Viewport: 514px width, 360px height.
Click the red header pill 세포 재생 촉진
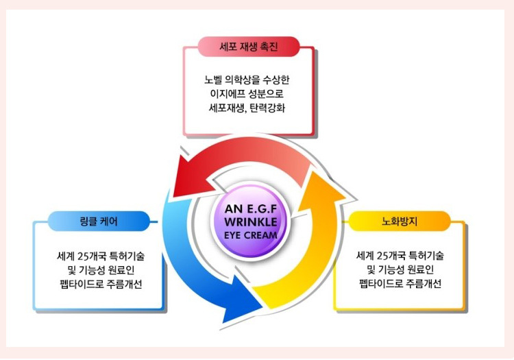(x=249, y=47)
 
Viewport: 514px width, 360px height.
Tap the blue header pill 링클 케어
(x=98, y=221)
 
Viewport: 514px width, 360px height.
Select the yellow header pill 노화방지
(x=400, y=221)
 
